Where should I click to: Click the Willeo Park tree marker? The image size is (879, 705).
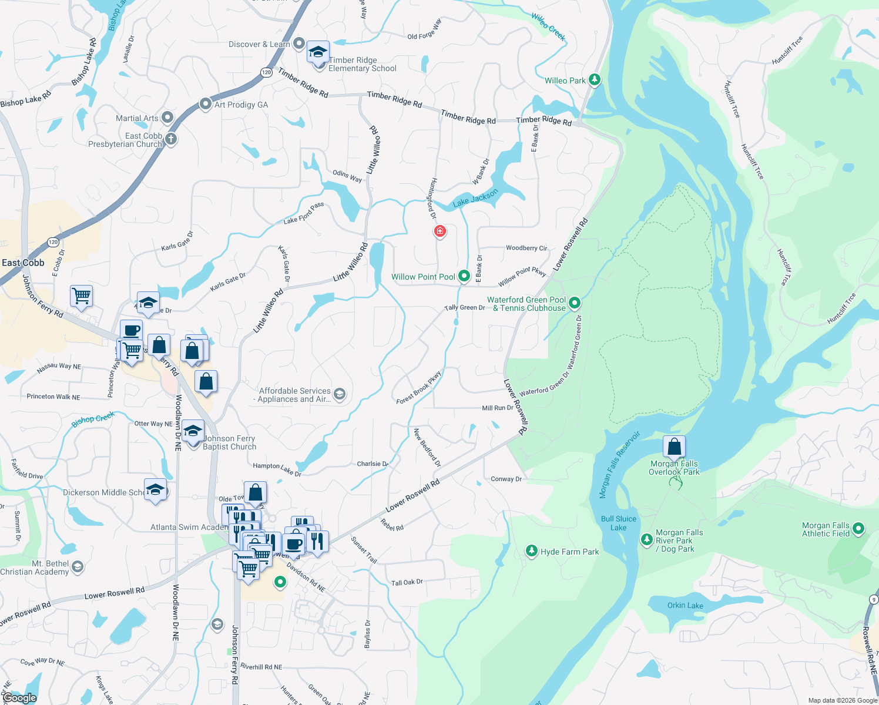coord(594,80)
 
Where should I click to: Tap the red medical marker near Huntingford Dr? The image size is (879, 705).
coord(439,231)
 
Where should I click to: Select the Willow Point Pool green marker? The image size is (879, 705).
coord(464,276)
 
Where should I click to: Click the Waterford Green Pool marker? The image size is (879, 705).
coord(575,303)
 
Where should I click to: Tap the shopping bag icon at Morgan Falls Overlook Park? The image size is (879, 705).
coord(675,448)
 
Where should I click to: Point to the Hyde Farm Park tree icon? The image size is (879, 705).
coord(532,551)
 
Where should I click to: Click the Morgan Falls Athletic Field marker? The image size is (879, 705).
coord(858,529)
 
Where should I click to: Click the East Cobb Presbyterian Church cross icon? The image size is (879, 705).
coord(170,139)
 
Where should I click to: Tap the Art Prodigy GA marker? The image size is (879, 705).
coord(205,104)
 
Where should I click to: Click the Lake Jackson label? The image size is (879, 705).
coord(475,198)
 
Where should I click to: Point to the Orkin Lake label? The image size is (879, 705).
coord(685,605)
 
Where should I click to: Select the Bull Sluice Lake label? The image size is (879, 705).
coord(618,523)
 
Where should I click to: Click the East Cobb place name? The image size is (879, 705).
coord(23,263)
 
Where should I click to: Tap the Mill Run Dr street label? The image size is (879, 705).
coord(497,408)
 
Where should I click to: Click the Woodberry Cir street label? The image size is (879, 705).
coord(526,248)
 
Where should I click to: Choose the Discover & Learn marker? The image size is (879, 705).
coord(299,43)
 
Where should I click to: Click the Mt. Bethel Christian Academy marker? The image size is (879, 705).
coord(78,567)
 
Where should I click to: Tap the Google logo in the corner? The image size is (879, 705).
coord(19,698)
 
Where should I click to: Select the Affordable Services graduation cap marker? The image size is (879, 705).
coord(339,394)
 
